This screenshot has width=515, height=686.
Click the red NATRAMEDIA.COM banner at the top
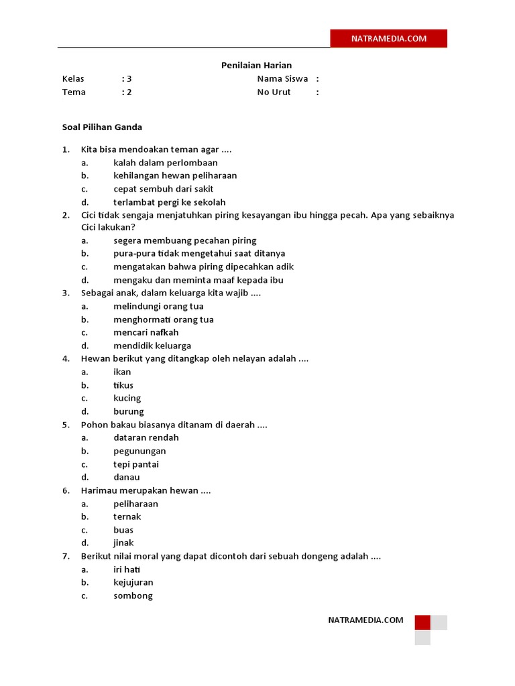tap(388, 39)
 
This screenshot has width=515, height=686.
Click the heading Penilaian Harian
tap(257, 65)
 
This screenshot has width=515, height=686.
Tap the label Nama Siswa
tap(282, 78)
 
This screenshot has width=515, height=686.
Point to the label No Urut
tap(274, 92)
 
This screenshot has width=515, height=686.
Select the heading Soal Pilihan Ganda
tap(102, 127)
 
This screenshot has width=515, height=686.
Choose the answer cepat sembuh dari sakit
tap(163, 189)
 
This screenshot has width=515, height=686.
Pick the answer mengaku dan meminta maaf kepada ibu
tap(198, 280)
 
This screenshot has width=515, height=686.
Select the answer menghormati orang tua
tap(163, 320)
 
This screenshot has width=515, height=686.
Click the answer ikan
tap(122, 372)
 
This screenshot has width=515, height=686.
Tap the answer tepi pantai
tap(136, 464)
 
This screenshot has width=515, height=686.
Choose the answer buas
tap(123, 530)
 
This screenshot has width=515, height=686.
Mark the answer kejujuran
tap(133, 582)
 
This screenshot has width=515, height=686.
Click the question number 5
tap(66, 425)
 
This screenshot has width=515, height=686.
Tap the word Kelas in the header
tap(73, 78)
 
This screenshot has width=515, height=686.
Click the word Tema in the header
tap(74, 92)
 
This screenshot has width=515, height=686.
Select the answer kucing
tap(127, 398)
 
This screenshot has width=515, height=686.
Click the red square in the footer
tap(422, 622)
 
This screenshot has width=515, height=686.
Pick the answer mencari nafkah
tap(146, 332)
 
